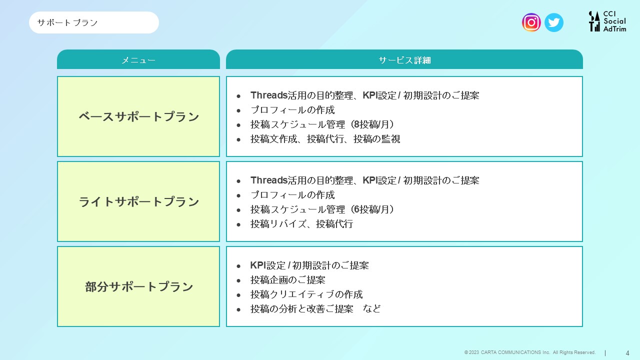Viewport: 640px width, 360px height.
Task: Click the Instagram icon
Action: tap(531, 22)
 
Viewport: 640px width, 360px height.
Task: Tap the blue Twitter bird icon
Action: tap(553, 22)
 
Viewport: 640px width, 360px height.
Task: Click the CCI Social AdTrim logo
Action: tap(607, 21)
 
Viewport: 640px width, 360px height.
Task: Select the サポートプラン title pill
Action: tap(93, 22)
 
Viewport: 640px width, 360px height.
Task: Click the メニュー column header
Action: tap(138, 59)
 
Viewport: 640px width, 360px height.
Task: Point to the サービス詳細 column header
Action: tap(404, 59)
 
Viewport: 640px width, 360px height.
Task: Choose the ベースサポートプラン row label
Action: tap(138, 116)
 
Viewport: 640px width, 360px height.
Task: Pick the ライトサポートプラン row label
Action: tap(138, 201)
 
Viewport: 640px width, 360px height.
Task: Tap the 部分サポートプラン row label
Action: tap(139, 286)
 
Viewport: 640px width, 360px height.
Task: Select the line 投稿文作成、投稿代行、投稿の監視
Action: tap(325, 139)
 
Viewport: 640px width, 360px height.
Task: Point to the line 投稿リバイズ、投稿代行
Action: tap(301, 224)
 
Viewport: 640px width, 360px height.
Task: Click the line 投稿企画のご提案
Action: tap(287, 280)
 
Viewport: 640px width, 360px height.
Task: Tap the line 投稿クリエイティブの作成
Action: tap(306, 294)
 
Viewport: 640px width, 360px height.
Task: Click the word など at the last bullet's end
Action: tap(371, 309)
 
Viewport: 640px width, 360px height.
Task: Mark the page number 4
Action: tap(627, 353)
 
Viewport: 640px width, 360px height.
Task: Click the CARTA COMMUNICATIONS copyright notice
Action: tap(529, 352)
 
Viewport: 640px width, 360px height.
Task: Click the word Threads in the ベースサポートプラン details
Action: tap(269, 95)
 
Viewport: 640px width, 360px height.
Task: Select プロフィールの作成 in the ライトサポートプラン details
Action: tap(292, 195)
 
